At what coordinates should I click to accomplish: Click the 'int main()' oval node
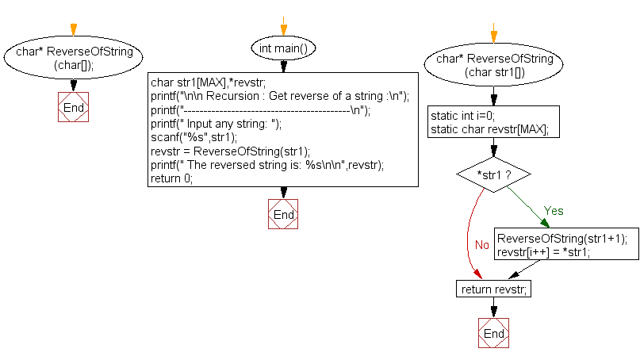283,48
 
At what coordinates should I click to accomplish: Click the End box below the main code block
283,214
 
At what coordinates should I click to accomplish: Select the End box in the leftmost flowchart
73,107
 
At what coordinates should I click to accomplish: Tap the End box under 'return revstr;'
493,333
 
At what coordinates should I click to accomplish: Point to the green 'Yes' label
553,211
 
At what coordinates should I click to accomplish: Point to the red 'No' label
481,245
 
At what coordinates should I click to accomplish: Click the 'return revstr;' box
493,289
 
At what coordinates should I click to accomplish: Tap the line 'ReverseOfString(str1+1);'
561,239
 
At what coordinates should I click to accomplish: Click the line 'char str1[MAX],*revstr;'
208,82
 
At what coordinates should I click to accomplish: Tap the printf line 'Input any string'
216,124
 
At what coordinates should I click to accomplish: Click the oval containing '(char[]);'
73,59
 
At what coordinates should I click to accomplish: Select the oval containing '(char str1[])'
494,66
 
